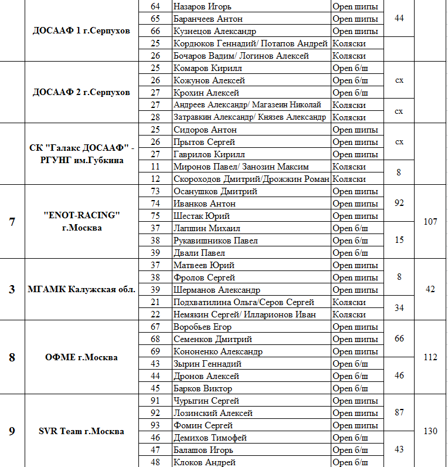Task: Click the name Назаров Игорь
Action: click(x=202, y=6)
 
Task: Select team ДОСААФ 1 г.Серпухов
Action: click(x=82, y=31)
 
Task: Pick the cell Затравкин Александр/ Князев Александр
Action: click(x=250, y=117)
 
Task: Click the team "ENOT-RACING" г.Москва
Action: click(x=82, y=222)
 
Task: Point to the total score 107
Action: click(x=430, y=222)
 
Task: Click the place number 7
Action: click(x=12, y=222)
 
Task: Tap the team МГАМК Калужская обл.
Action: click(x=82, y=290)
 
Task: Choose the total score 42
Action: click(x=430, y=290)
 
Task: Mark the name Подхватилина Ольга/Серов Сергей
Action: click(x=244, y=302)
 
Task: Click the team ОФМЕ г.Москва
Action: click(x=82, y=357)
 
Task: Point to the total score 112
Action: click(x=430, y=357)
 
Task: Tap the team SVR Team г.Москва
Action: click(x=82, y=431)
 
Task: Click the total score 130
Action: click(x=430, y=431)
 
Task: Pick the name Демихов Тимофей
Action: click(x=210, y=438)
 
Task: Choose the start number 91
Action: click(x=155, y=401)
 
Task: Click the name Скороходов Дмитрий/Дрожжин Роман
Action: click(x=252, y=179)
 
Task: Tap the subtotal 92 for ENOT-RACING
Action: click(x=399, y=204)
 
